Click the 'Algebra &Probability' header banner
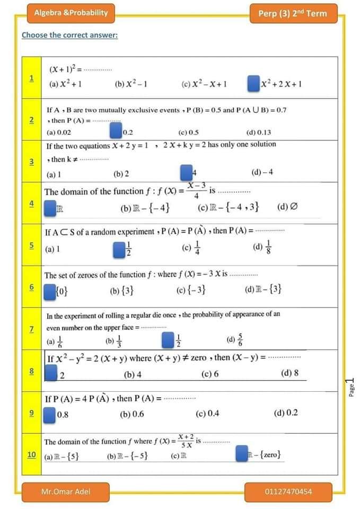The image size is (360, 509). pos(71,13)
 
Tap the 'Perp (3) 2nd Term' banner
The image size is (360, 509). pos(293,13)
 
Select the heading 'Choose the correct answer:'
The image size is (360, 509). pos(69,36)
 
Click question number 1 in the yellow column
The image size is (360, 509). pos(31,78)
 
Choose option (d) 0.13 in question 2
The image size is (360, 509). pos(259,133)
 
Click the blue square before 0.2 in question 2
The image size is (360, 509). pos(115,130)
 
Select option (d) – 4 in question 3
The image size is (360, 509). pos(262,173)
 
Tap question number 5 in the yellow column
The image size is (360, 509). pos(31,245)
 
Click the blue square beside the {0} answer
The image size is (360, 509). pos(49,289)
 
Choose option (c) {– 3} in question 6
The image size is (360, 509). pos(191,289)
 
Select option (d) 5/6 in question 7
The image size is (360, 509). pos(234,340)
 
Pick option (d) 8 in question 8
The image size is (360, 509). pos(289,373)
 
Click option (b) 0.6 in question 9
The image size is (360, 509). pos(132,414)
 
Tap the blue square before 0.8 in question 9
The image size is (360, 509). pos(49,414)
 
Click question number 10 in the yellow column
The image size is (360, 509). pos(31,455)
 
